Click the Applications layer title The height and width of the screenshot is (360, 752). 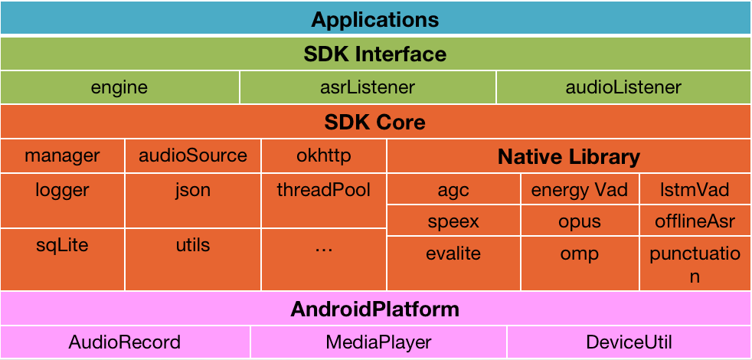click(375, 19)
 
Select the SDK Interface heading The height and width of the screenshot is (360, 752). click(375, 54)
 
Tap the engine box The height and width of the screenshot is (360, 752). click(119, 87)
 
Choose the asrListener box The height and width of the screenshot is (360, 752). click(368, 87)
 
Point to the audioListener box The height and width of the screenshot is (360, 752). click(623, 87)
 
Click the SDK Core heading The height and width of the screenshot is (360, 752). click(375, 122)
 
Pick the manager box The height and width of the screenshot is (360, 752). click(62, 156)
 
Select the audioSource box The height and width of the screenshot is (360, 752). click(193, 156)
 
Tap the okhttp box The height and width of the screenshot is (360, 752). click(324, 156)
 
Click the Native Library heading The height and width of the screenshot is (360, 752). click(569, 158)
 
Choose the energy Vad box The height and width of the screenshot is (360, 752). click(580, 190)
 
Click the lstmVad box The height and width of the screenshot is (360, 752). click(695, 190)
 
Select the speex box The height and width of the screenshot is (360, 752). click(453, 222)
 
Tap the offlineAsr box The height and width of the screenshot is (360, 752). click(695, 222)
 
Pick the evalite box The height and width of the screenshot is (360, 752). click(453, 254)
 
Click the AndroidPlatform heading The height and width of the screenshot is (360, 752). click(375, 309)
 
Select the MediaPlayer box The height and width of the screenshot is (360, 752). click(378, 342)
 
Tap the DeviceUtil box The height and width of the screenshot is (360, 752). click(629, 342)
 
